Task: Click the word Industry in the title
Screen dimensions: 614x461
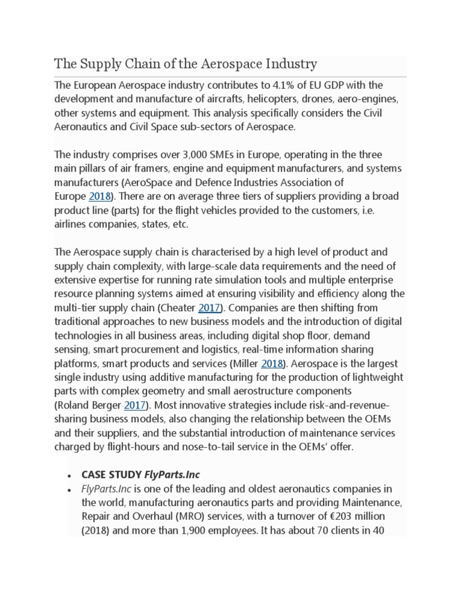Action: (x=288, y=64)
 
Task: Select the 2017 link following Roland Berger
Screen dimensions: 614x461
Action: (x=134, y=406)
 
